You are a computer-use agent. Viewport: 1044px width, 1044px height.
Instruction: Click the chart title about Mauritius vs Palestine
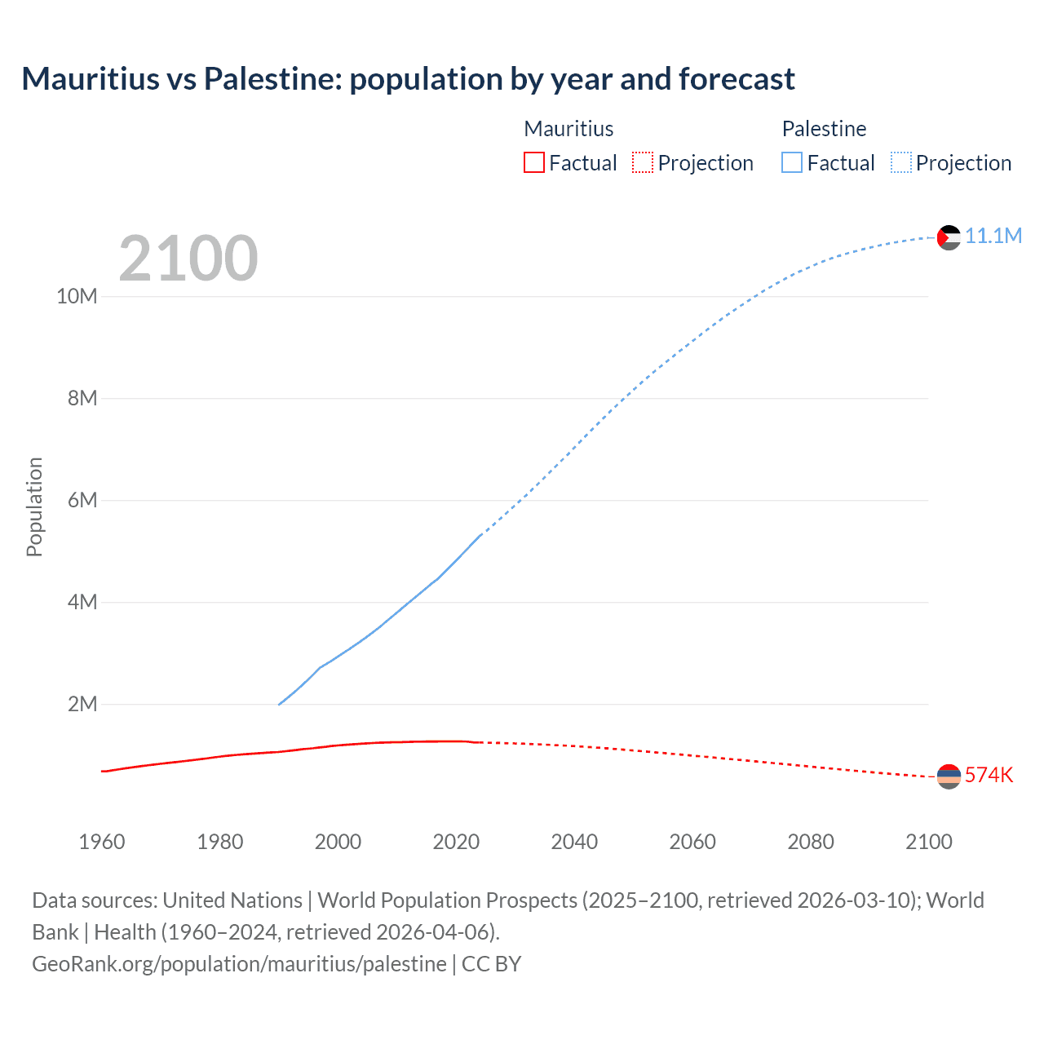(408, 79)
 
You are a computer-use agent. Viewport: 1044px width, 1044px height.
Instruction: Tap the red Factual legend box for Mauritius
(533, 163)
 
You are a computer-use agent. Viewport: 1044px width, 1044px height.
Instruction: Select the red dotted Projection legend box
(643, 163)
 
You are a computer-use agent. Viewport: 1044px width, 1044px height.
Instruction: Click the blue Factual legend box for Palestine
(791, 163)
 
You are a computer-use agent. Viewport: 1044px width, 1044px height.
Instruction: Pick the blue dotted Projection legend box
(900, 163)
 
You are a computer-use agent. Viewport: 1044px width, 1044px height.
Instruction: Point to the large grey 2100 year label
(188, 259)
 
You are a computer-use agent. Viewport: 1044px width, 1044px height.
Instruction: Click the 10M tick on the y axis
(77, 296)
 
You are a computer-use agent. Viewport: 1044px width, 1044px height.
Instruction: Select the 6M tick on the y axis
(82, 500)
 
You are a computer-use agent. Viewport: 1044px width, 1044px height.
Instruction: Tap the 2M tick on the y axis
(82, 704)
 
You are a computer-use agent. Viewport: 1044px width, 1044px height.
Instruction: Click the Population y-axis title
(34, 507)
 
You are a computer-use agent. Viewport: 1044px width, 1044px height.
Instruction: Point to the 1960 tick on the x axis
(102, 842)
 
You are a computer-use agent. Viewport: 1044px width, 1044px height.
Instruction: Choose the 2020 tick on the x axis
(456, 842)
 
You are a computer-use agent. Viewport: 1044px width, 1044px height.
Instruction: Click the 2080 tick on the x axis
(811, 842)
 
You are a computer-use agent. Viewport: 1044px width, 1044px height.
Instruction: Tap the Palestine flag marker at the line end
(949, 237)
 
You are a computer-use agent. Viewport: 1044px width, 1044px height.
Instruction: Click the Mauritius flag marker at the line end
(949, 776)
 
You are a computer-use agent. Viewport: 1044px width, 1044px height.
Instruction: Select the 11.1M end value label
(993, 237)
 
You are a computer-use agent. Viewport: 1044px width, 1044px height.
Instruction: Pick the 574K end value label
(989, 775)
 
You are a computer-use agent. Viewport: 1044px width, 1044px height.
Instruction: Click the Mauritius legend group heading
(568, 129)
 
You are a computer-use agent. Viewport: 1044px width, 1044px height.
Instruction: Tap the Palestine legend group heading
(824, 129)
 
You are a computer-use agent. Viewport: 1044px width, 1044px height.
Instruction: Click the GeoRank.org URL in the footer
(239, 963)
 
